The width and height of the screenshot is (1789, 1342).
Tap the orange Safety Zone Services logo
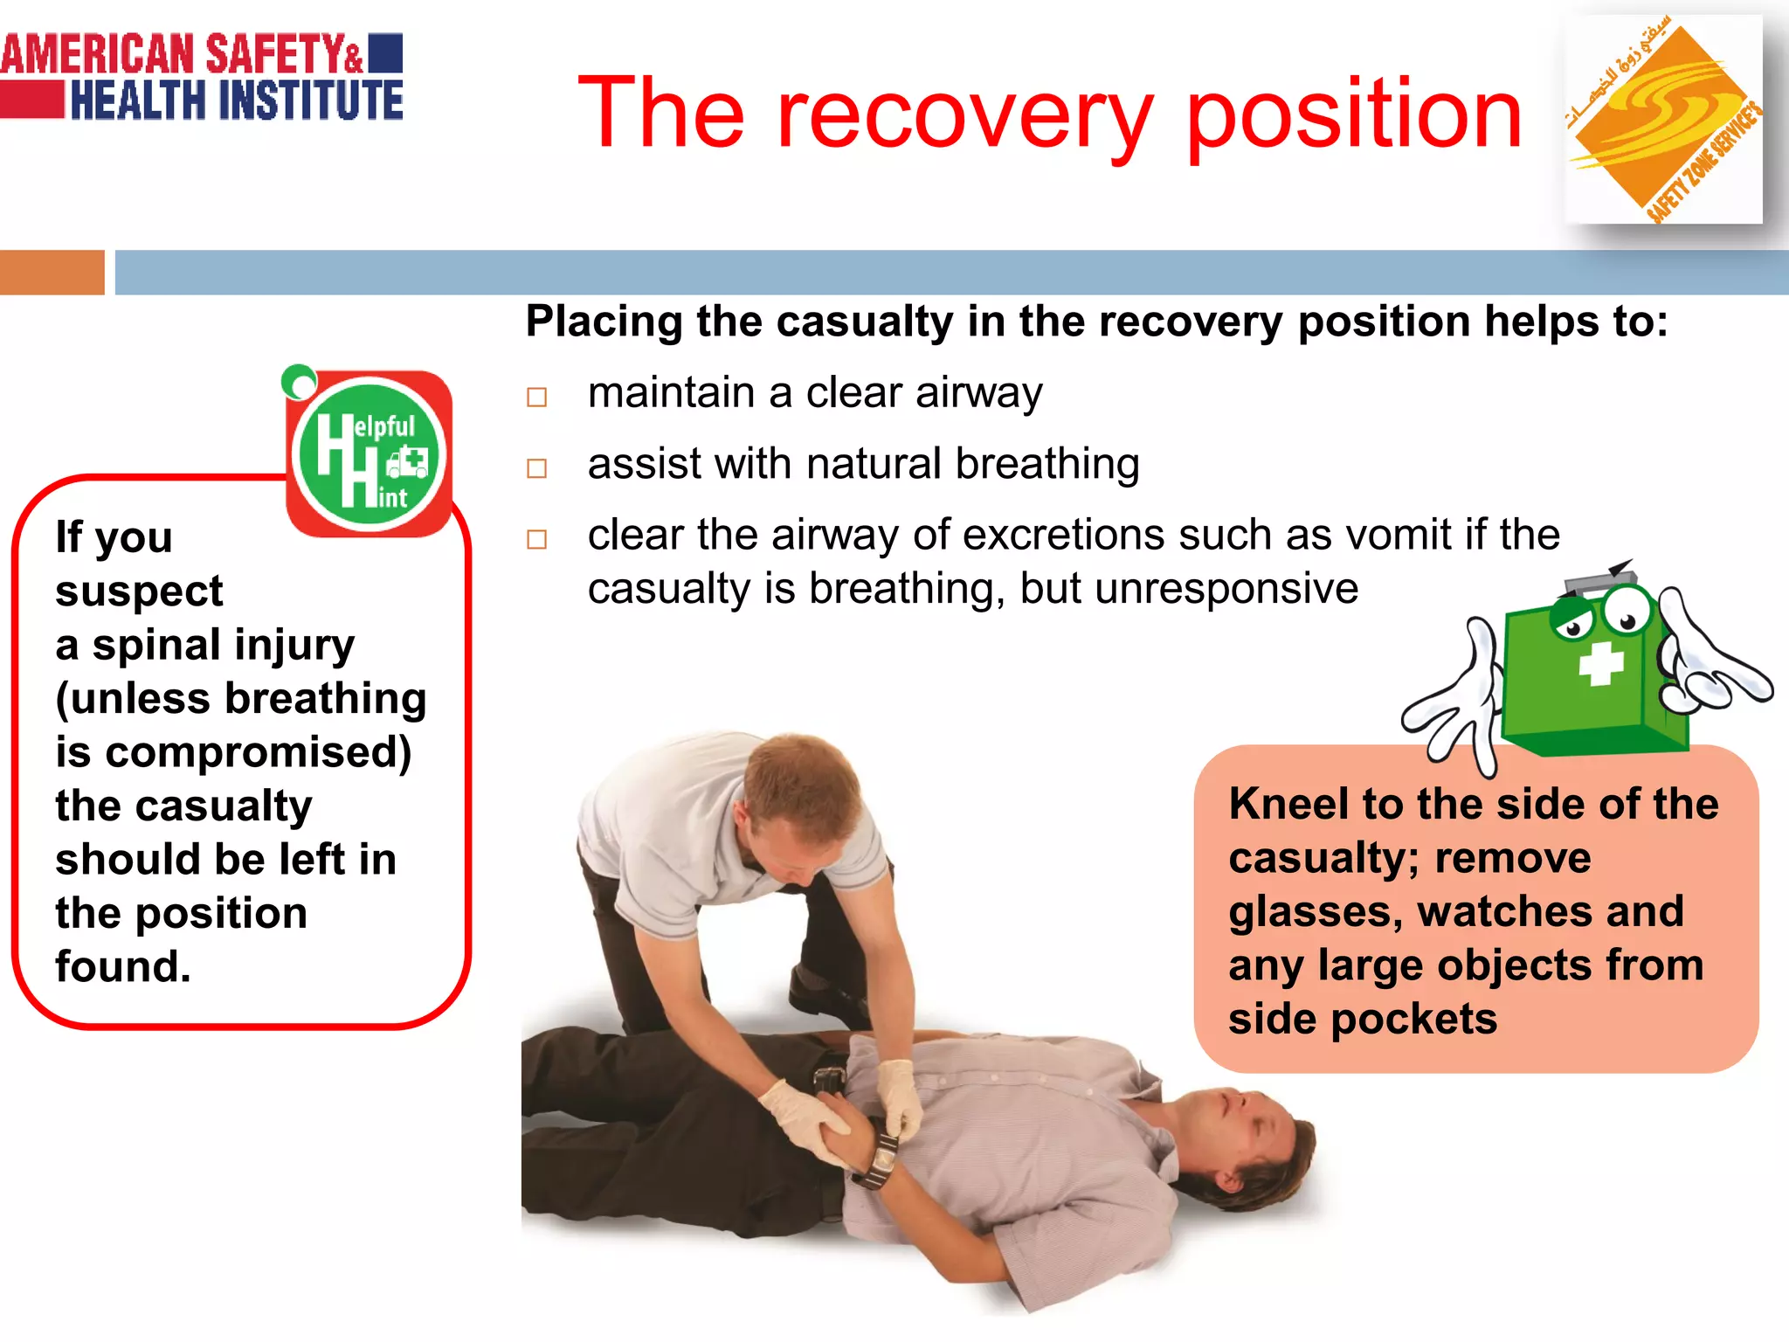point(1662,120)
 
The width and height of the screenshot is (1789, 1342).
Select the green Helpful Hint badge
point(370,454)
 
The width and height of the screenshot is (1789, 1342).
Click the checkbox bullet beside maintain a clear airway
point(536,398)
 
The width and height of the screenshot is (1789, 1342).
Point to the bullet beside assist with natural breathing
point(536,468)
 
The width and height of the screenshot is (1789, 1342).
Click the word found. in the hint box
point(122,967)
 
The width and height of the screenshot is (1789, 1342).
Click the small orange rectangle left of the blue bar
point(52,272)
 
